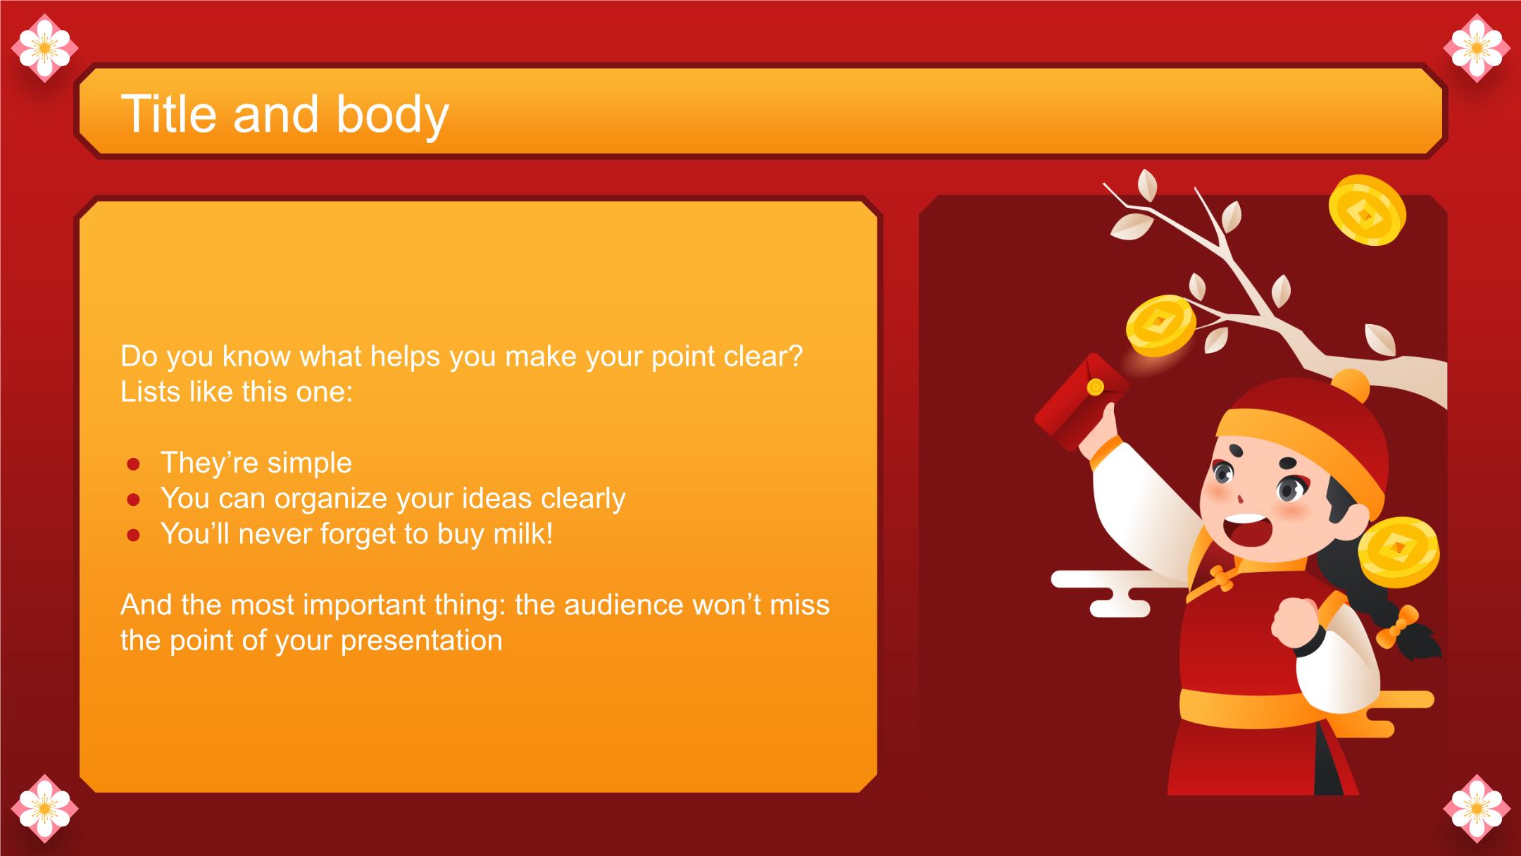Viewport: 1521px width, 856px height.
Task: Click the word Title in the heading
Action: point(170,113)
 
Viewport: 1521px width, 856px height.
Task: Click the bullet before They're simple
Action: point(133,464)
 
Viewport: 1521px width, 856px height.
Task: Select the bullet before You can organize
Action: point(133,500)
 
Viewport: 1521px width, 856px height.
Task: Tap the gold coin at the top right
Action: point(1367,210)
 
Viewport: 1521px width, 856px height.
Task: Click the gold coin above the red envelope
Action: point(1160,326)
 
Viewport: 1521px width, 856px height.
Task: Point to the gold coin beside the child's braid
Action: point(1398,552)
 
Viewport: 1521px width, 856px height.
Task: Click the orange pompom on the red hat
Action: point(1350,387)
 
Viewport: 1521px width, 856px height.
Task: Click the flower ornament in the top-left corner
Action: point(44,48)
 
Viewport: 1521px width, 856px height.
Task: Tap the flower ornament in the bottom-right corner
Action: point(1477,808)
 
